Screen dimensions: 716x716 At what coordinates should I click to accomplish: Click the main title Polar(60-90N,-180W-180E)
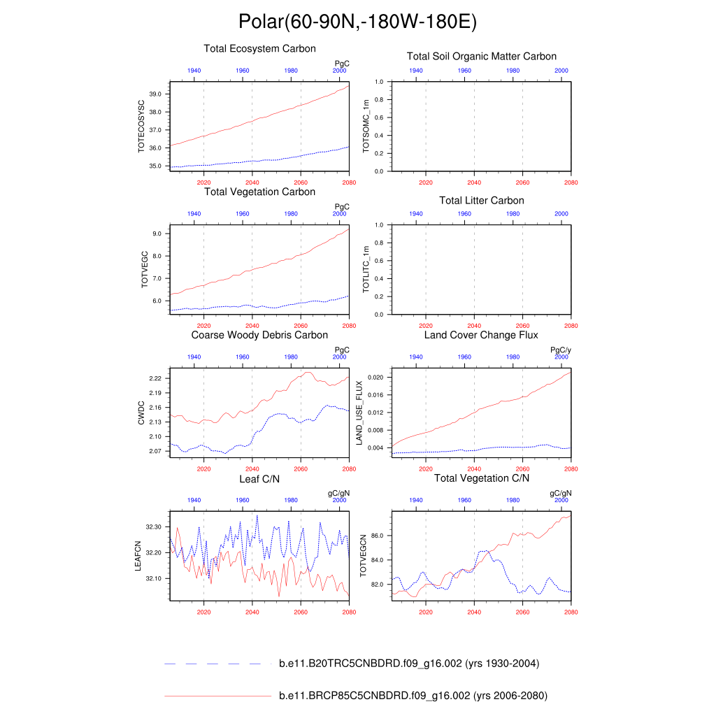coord(357,22)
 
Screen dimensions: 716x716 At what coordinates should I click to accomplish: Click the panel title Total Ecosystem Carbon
coord(259,49)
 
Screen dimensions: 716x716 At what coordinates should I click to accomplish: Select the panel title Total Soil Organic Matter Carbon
coord(482,56)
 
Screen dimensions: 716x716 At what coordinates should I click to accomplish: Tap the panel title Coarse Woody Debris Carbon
coord(259,335)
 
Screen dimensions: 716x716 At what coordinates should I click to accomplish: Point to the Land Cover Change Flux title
coord(481,335)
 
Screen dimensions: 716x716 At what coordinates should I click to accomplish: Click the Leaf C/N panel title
coord(259,478)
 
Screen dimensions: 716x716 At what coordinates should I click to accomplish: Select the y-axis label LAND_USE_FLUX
coord(359,413)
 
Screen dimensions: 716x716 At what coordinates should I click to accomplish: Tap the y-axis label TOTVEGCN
coord(362,556)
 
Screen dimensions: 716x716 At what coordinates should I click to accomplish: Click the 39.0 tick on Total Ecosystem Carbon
coord(155,94)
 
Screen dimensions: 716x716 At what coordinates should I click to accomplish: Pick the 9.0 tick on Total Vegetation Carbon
coord(157,234)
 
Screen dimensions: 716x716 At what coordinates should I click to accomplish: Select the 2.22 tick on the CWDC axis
coord(155,378)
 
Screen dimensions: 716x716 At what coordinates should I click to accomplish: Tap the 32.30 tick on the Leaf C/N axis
coord(154,527)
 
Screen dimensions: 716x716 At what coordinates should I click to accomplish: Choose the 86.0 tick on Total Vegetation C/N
coord(378,536)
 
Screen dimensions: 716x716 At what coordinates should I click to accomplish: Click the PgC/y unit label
coord(561,350)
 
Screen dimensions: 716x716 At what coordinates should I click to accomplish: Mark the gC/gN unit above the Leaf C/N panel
coord(338,493)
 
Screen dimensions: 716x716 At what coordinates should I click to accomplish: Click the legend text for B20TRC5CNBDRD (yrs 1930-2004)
coord(408,664)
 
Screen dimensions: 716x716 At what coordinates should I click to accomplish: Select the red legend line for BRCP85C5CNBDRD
coord(217,696)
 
